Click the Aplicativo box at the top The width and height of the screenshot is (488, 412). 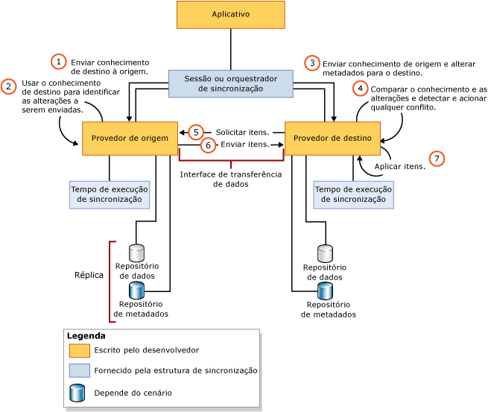coord(230,15)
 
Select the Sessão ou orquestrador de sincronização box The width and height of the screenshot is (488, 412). coord(230,83)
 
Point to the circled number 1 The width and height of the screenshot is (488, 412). coord(59,62)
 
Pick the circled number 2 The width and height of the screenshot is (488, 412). coord(9,86)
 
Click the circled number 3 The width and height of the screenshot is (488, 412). coord(312,63)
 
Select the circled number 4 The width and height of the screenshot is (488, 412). coord(361,89)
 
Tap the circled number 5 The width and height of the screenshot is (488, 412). coord(196,132)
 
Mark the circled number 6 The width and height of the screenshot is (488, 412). coord(209,145)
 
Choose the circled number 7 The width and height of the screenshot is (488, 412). coord(437,158)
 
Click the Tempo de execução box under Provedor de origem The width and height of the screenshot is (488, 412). coord(110,194)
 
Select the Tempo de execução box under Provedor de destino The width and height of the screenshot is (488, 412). coord(353,194)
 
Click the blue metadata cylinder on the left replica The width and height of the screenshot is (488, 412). coord(136,290)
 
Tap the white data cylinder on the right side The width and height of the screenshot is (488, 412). coord(325,253)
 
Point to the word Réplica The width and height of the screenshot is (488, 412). coord(89,275)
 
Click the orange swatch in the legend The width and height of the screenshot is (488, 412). coord(80,350)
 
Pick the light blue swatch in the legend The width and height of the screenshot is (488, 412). coord(80,370)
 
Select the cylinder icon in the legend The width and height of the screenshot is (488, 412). coord(77,392)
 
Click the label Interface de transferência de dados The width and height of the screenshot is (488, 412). coord(231,179)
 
